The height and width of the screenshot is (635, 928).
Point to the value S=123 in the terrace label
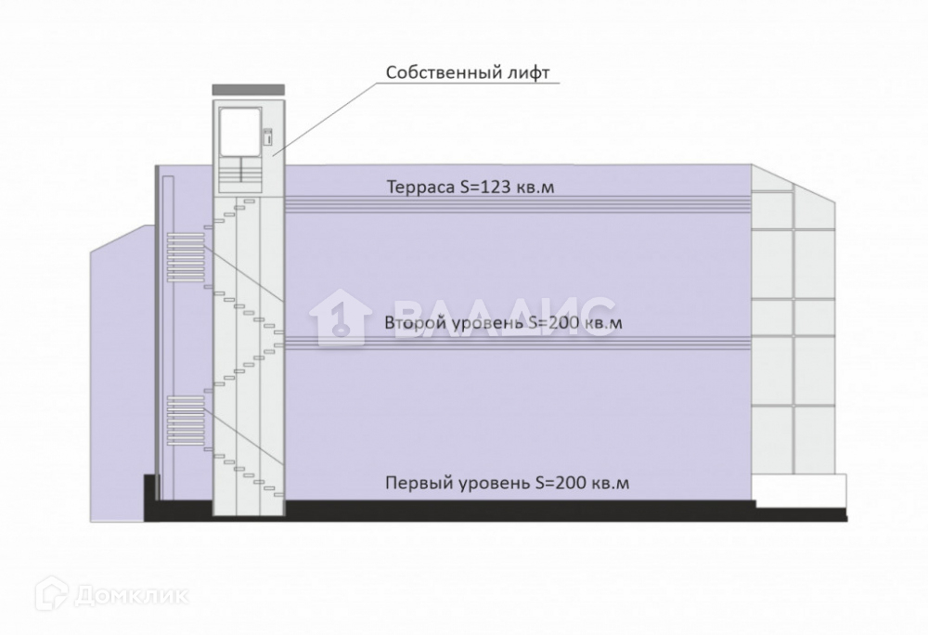(490, 187)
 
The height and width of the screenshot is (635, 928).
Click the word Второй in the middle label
(415, 323)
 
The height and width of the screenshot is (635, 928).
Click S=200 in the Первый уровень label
(564, 483)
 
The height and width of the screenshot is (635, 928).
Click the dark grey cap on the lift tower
(249, 88)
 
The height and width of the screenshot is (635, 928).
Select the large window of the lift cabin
(239, 131)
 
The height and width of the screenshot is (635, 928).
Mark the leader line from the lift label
(325, 116)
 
